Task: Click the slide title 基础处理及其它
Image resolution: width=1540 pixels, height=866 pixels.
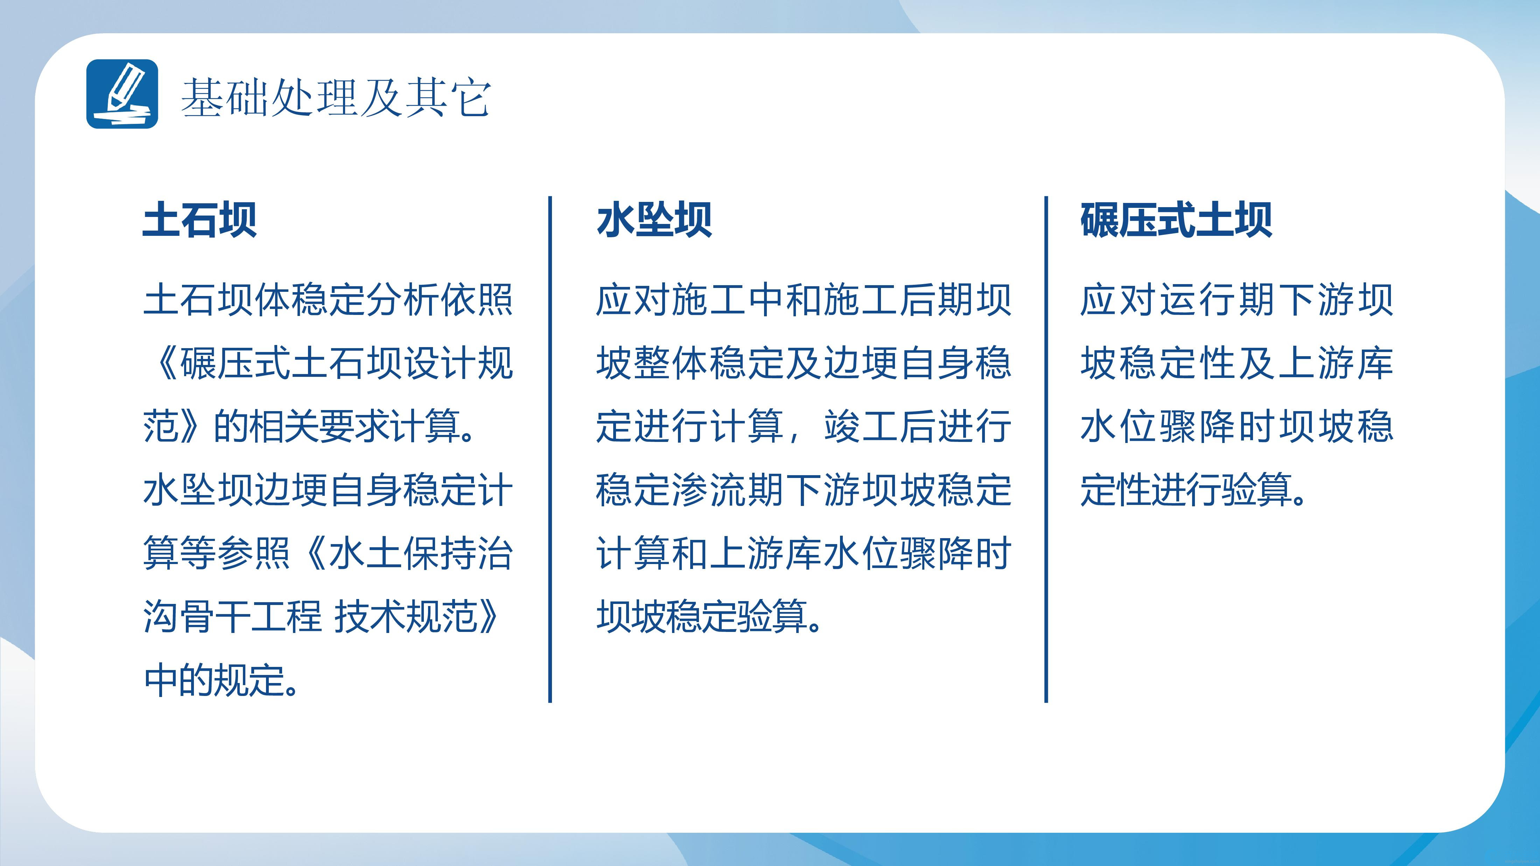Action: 336,97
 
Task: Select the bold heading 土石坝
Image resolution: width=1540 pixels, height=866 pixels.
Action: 199,220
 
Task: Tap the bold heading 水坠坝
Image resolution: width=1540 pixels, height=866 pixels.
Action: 654,220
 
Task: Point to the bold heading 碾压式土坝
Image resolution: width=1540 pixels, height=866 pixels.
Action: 1176,220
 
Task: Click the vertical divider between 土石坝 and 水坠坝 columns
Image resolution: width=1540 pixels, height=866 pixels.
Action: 550,449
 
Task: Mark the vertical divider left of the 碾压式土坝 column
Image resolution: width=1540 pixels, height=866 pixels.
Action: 1046,449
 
